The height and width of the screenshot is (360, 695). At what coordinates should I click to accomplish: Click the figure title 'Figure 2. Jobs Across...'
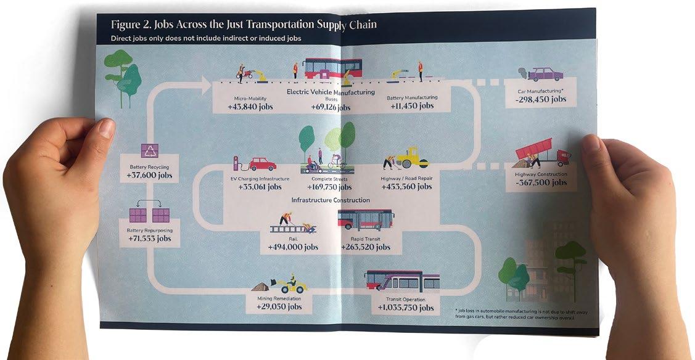click(x=244, y=25)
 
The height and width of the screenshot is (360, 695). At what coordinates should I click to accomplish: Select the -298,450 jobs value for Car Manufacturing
click(x=541, y=99)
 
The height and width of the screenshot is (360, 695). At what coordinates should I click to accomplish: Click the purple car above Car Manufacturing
click(x=545, y=75)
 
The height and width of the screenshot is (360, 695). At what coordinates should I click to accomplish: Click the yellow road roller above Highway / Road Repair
click(x=412, y=158)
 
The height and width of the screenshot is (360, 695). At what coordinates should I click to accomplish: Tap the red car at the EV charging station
click(x=262, y=164)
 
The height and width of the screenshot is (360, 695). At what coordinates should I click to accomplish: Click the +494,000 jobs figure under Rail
click(x=293, y=247)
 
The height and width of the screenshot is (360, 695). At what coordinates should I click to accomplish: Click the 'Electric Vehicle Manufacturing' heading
click(x=331, y=92)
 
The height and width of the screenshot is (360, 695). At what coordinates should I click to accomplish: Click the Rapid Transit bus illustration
click(x=366, y=220)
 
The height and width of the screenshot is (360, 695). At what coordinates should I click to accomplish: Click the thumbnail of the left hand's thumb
click(x=105, y=128)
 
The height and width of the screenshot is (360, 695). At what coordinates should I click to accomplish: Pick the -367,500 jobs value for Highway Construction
click(x=541, y=183)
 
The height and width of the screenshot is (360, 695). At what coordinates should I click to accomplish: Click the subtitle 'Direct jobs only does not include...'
click(x=210, y=39)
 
